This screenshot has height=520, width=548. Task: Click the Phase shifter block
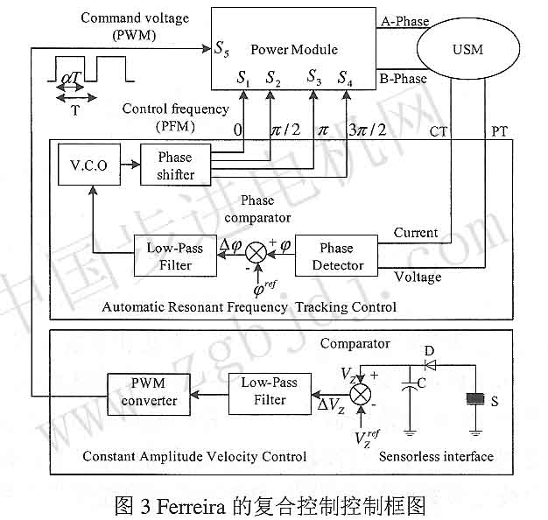174,165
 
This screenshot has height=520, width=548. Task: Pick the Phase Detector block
335,256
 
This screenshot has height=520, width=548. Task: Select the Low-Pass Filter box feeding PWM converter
263,392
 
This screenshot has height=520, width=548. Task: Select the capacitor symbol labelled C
411,386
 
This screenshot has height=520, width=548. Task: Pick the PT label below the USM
500,130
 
